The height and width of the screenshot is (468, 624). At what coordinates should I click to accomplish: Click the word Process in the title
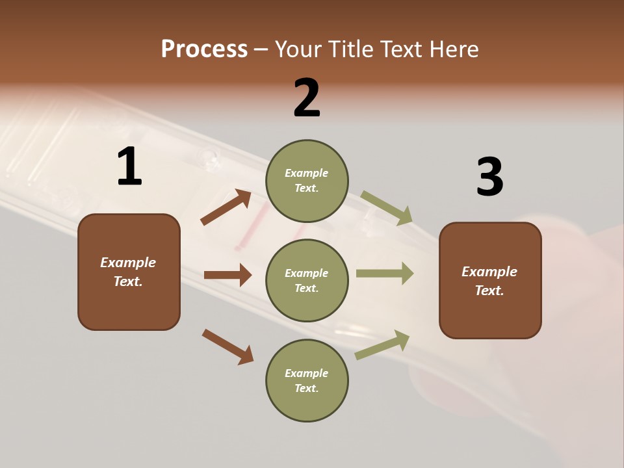coord(204,49)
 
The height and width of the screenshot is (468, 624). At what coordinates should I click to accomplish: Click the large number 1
coord(129,167)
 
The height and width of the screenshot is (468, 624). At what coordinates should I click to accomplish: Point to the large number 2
coord(307,98)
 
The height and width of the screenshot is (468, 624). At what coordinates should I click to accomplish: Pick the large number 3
coord(489,177)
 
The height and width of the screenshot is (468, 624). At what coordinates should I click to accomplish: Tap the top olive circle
coord(307,181)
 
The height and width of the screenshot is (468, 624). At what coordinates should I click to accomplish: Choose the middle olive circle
coord(307,280)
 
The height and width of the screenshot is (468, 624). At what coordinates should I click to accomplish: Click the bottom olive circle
coord(307,380)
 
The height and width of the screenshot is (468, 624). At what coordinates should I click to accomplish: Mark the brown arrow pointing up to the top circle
coord(226,207)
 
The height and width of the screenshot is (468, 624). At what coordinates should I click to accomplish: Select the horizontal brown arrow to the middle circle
coord(227,275)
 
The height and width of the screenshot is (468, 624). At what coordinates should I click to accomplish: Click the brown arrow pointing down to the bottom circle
coord(227,346)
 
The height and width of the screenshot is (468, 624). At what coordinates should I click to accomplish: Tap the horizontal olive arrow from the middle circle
coord(385,274)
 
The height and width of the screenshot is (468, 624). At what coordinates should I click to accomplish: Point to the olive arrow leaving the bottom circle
coord(382,345)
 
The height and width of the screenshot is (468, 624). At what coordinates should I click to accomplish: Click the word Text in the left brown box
coord(127,281)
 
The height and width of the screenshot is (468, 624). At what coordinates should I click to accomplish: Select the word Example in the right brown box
coord(489,272)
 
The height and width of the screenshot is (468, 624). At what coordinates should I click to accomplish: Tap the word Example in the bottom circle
coord(307,373)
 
